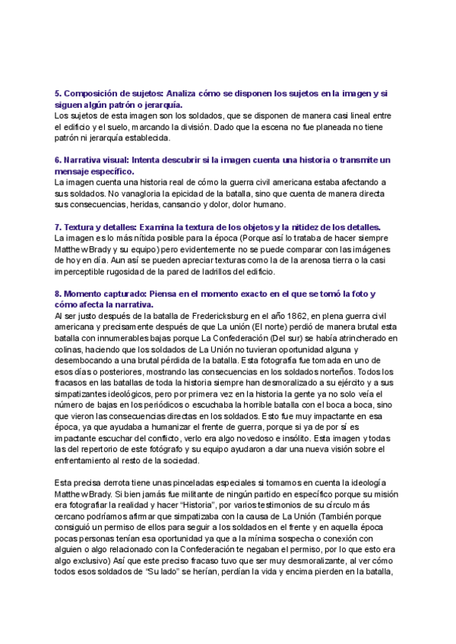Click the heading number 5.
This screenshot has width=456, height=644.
tap(58, 93)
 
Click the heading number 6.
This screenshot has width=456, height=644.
tap(58, 160)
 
